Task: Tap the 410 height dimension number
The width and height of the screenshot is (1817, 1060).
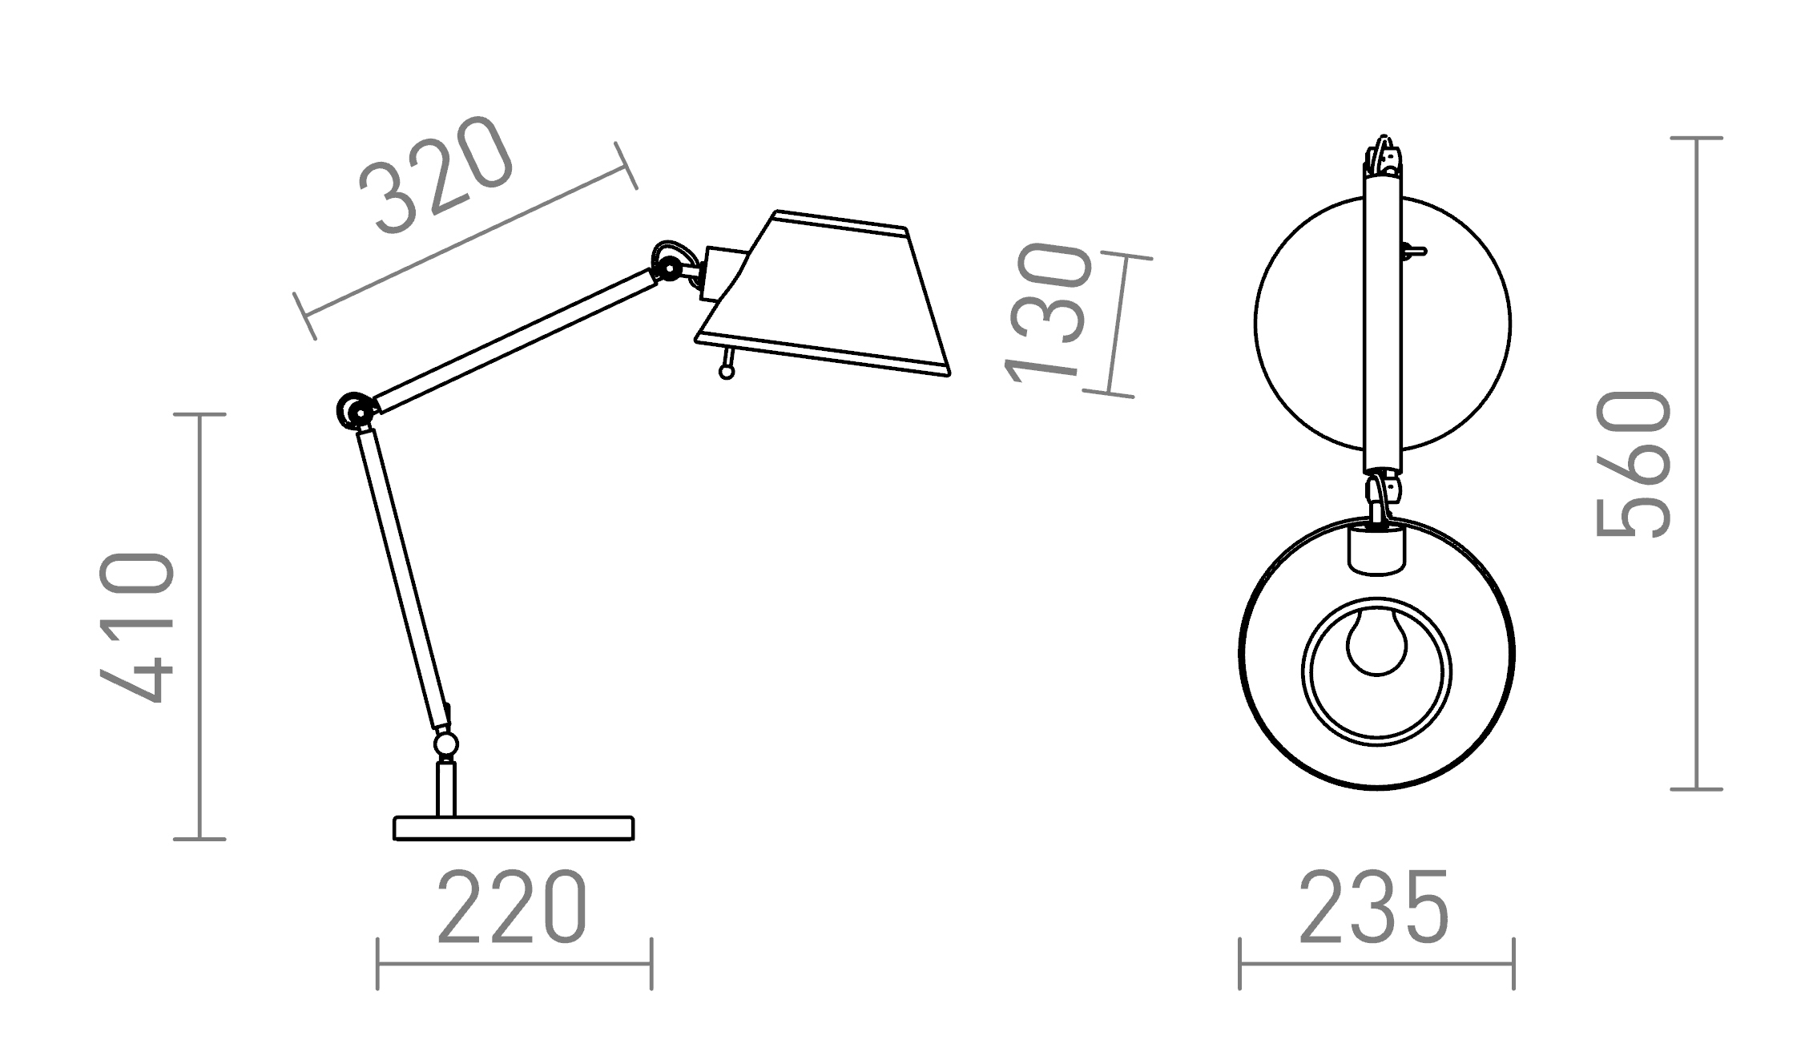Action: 137,627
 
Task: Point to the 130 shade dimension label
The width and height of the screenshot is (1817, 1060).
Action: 1049,313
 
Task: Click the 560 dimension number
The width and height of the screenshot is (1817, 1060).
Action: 1634,464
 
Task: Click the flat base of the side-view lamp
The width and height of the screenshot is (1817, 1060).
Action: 514,828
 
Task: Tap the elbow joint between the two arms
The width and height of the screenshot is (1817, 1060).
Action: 356,411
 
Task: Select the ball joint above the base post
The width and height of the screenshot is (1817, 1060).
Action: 446,744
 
